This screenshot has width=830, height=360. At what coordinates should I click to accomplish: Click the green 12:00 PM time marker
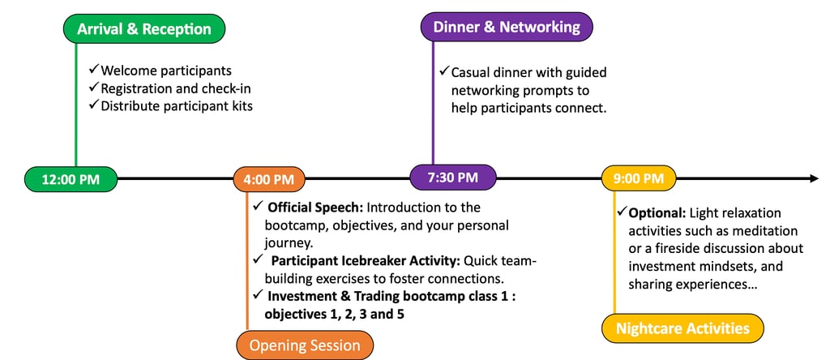[x=71, y=179]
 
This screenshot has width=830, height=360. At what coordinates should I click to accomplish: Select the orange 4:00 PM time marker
[x=268, y=179]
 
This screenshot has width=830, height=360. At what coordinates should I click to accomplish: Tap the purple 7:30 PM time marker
[x=452, y=177]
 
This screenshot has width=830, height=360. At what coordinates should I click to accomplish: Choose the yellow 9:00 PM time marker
[x=638, y=178]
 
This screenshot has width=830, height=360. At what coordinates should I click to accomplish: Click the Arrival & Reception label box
[x=143, y=29]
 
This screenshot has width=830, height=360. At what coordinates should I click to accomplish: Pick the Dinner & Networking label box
[x=507, y=27]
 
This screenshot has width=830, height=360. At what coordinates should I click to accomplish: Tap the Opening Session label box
[x=305, y=345]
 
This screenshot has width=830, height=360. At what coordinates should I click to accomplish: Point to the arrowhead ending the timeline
[x=813, y=178]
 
